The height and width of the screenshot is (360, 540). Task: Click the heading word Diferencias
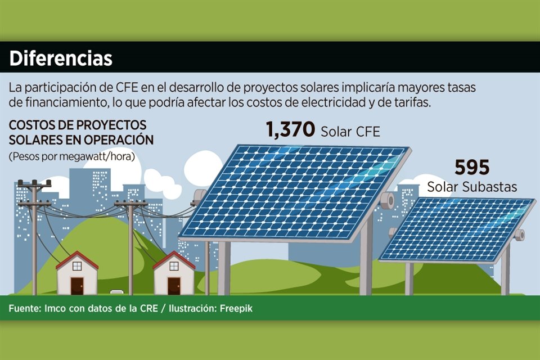coord(61,58)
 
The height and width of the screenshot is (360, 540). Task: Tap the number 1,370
coord(290,129)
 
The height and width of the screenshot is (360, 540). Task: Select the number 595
coord(472,168)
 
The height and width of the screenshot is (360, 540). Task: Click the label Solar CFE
coord(350,132)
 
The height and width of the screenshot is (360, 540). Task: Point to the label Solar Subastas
coord(472,187)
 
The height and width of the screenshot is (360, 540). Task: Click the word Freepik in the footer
coord(236,308)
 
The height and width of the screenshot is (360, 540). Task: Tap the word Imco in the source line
coord(55,308)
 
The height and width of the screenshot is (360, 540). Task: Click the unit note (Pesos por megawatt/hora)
coord(71,156)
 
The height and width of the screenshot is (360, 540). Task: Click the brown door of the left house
coord(77,286)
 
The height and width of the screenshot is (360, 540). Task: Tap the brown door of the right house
coord(174,286)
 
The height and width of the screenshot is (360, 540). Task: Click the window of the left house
coord(77,266)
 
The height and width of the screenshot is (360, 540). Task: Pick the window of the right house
coord(174,266)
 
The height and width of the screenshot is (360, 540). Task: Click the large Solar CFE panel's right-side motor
coord(388,200)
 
